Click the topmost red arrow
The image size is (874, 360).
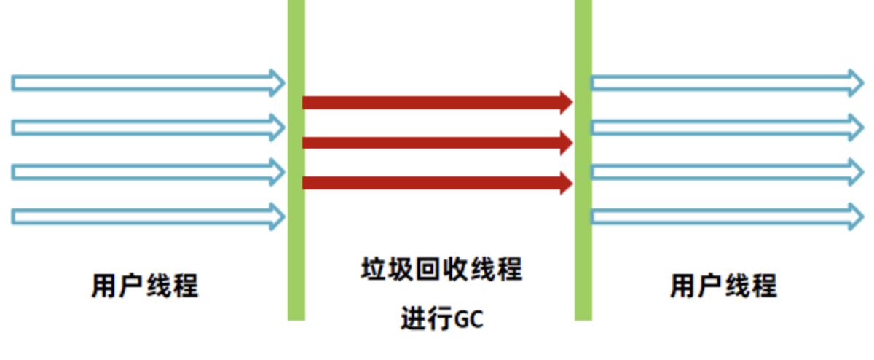[x=437, y=102]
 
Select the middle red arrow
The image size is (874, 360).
[x=437, y=143]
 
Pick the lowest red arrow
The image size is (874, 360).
[x=437, y=183]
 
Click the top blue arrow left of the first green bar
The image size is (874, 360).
[x=146, y=82]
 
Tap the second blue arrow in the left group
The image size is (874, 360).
[x=146, y=127]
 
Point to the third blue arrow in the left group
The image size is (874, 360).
[x=146, y=172]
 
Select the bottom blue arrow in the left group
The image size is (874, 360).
[x=146, y=216]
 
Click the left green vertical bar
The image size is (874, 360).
[x=296, y=160]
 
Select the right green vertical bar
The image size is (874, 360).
[x=583, y=160]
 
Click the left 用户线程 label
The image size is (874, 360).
[x=145, y=285]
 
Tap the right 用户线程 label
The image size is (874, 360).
[x=723, y=285]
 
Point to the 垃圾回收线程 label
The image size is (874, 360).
[x=441, y=269]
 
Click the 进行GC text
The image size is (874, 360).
[x=441, y=319]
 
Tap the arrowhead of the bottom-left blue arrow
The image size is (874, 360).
[x=277, y=216]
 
